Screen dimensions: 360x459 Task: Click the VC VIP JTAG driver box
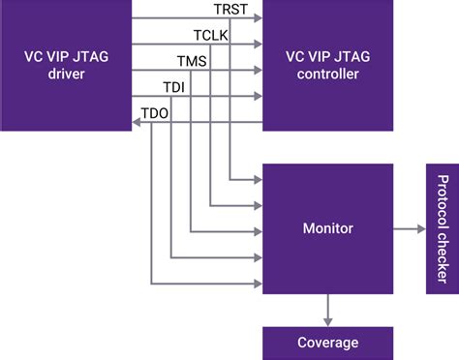click(66, 66)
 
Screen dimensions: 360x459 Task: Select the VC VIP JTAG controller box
click(328, 66)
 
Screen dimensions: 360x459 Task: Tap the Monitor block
click(328, 229)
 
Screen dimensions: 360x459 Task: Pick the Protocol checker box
click(441, 229)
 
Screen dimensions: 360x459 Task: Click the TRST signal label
click(230, 11)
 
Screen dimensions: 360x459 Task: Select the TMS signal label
click(191, 61)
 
